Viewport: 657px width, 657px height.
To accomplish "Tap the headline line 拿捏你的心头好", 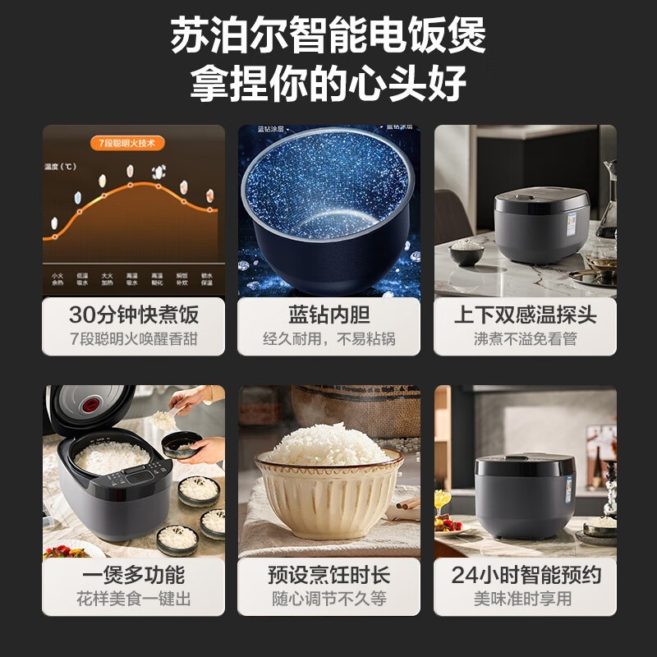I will tap(328, 83).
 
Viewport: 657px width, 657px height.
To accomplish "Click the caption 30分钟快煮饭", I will tap(134, 315).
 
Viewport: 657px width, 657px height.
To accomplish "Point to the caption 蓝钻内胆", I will tap(329, 315).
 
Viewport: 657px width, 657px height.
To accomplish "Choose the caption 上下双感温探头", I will tap(525, 315).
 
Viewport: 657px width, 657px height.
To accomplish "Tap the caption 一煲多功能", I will tap(134, 575).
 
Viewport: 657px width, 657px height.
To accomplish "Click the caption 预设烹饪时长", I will tap(329, 575).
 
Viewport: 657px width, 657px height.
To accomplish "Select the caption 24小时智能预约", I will tap(525, 575).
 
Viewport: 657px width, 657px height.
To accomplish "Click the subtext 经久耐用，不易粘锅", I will tap(329, 338).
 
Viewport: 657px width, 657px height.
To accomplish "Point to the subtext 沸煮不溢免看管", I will tap(525, 338).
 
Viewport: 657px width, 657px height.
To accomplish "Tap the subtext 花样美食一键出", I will tap(134, 599).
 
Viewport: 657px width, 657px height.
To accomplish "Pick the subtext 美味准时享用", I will tap(525, 599).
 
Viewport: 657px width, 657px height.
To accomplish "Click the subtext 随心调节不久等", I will tap(329, 599).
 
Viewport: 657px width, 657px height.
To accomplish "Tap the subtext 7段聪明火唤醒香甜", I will tap(134, 338).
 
